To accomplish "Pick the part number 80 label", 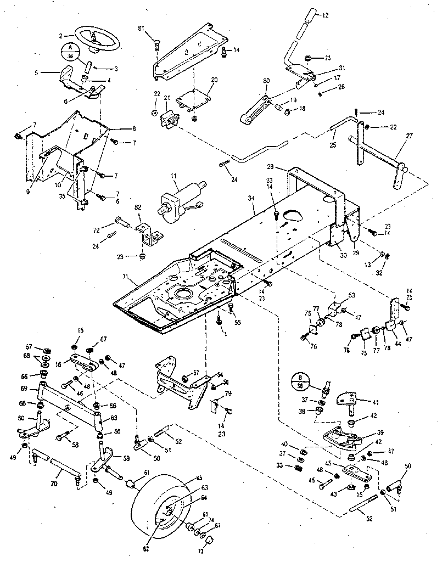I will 266,82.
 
